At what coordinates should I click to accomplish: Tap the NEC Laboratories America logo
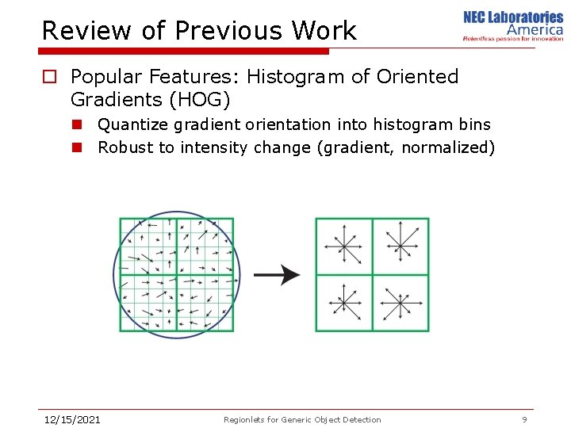pyautogui.click(x=513, y=25)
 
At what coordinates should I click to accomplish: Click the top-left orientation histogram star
pyautogui.click(x=344, y=246)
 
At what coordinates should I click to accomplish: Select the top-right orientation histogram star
pyautogui.click(x=400, y=246)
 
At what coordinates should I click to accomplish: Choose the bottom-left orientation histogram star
pyautogui.click(x=344, y=303)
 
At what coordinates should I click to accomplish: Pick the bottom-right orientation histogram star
pyautogui.click(x=400, y=303)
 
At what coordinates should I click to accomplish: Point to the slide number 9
pyautogui.click(x=524, y=419)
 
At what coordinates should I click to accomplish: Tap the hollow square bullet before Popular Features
pyautogui.click(x=49, y=77)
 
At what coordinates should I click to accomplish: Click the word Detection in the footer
pyautogui.click(x=361, y=420)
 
